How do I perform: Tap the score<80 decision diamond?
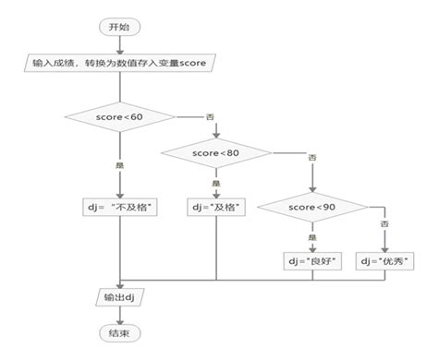(x=216, y=151)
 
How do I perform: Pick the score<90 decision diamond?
(x=311, y=208)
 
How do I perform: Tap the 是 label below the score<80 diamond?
(x=216, y=183)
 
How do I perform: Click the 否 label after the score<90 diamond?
(x=383, y=224)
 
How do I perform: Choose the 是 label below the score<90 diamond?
(x=311, y=238)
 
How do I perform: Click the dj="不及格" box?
(x=120, y=207)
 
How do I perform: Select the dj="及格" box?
(x=216, y=207)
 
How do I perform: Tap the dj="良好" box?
(x=311, y=262)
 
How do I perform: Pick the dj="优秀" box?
(x=383, y=262)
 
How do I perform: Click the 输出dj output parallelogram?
(x=120, y=297)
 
